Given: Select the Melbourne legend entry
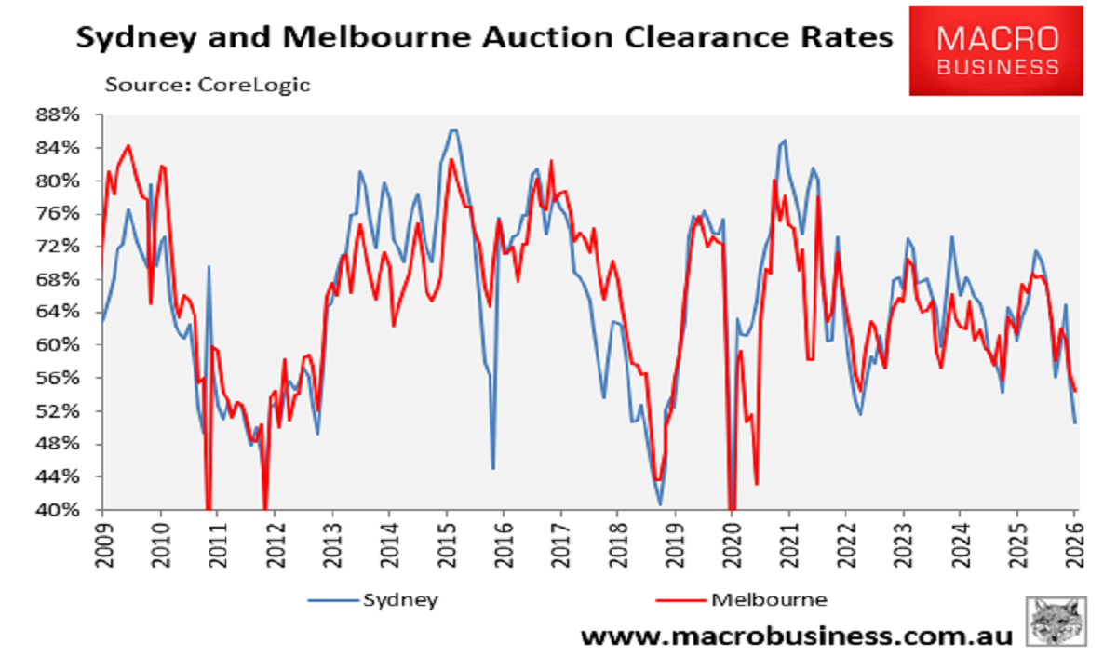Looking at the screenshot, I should click(769, 599).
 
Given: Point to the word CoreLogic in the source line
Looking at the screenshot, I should click(252, 84).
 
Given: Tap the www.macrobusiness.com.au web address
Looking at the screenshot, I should click(796, 636).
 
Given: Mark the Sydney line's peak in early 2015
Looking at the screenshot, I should click(452, 130).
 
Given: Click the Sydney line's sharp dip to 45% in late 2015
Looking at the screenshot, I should click(492, 468).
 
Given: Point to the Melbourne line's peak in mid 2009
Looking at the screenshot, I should click(128, 145).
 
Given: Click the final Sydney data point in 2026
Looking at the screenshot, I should click(1075, 423).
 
